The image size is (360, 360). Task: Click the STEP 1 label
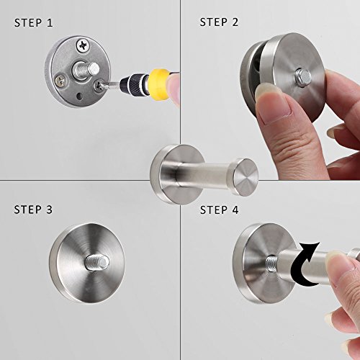[x=33, y=22]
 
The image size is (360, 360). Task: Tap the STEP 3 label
[x=33, y=210]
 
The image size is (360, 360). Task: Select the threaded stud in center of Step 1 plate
[x=91, y=70]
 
